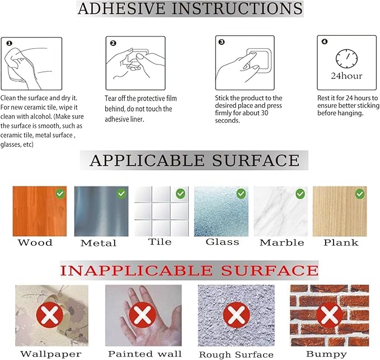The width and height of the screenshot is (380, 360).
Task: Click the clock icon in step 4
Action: [x=346, y=58]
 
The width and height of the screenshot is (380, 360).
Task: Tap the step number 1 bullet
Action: [x=9, y=43]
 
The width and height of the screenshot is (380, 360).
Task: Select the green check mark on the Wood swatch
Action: [x=60, y=194]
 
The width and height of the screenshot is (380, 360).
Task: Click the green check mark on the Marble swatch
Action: [x=300, y=194]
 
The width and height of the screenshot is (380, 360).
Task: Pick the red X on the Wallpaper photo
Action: [x=50, y=315]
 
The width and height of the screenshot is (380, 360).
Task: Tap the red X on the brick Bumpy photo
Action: [x=330, y=315]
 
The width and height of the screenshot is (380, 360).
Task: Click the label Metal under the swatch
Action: [x=98, y=243]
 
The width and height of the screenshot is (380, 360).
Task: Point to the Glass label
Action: [x=222, y=242]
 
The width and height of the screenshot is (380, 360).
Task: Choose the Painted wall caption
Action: [x=145, y=354]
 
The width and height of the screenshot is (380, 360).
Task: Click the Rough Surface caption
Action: [x=236, y=354]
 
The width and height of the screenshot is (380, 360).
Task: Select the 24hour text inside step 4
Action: [x=346, y=76]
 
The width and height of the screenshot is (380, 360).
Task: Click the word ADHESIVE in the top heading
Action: [x=121, y=8]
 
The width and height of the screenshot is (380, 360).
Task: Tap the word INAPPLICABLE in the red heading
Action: [x=137, y=270]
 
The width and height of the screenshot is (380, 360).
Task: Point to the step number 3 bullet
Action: [x=222, y=42]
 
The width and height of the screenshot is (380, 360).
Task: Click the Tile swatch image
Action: [x=161, y=211]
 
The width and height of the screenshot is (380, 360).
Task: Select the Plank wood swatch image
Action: [x=340, y=211]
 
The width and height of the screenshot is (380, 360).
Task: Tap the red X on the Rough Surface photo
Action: [x=236, y=315]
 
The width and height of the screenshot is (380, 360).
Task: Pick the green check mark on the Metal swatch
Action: [x=121, y=194]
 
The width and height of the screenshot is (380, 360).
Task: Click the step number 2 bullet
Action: [x=113, y=43]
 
